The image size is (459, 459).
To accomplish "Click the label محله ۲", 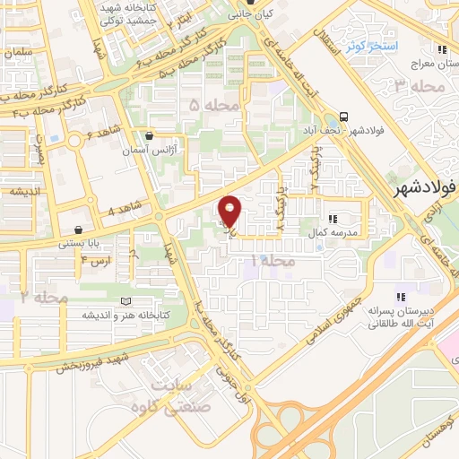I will click(45, 297).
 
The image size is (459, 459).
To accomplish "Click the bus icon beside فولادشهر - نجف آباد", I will click(344, 117).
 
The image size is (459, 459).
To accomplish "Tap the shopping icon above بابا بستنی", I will click(80, 229).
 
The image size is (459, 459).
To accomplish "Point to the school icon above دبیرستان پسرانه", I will click(402, 297).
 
